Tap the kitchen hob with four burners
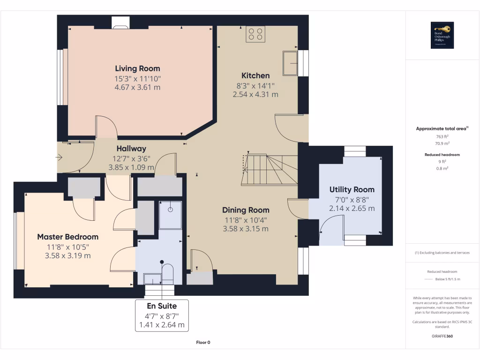click(255, 34)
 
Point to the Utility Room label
click(352, 189)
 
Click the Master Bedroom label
click(67, 237)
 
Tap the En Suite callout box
click(162, 315)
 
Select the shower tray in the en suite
click(170, 215)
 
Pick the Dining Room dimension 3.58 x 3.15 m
click(246, 229)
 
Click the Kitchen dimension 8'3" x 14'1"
click(255, 85)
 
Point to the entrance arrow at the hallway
click(59, 158)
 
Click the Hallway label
click(131, 149)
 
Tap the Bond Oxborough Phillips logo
click(442, 36)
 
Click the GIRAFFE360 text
click(442, 336)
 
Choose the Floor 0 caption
click(203, 342)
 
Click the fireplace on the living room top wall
click(120, 22)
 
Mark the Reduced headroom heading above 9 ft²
click(442, 154)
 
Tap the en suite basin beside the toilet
click(152, 279)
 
